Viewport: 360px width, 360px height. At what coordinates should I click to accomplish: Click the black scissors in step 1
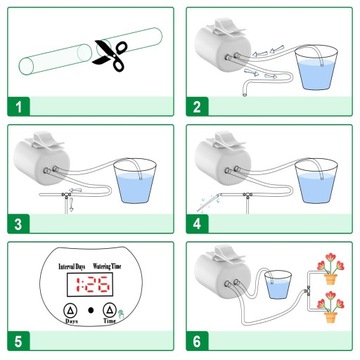[x=110, y=55]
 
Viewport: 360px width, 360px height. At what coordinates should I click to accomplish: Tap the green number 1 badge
[x=19, y=107]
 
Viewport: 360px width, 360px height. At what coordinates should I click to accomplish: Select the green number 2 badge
[x=197, y=107]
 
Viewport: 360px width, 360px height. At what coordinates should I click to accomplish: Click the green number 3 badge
[x=19, y=224]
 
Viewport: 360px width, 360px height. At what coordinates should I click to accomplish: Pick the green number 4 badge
[x=197, y=224]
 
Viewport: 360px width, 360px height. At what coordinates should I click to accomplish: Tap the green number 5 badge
[x=19, y=341]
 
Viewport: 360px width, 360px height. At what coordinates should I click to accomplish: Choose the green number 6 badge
[x=197, y=341]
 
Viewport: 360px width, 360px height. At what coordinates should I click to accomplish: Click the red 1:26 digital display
[x=90, y=285]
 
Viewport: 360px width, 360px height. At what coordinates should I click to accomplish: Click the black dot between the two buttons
[x=91, y=310]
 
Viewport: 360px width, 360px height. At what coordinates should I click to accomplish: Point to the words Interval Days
[x=72, y=267]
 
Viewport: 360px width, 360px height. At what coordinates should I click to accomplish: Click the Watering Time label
[x=107, y=266]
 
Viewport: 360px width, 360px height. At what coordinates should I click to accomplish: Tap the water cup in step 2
[x=316, y=68]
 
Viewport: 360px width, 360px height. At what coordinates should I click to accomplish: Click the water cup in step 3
[x=135, y=181]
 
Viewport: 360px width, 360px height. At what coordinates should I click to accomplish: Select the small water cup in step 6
[x=278, y=284]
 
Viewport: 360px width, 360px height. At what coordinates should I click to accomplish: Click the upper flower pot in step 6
[x=331, y=279]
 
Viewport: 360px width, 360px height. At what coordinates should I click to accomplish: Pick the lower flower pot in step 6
[x=331, y=317]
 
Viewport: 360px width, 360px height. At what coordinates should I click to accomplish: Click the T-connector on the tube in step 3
[x=67, y=195]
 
